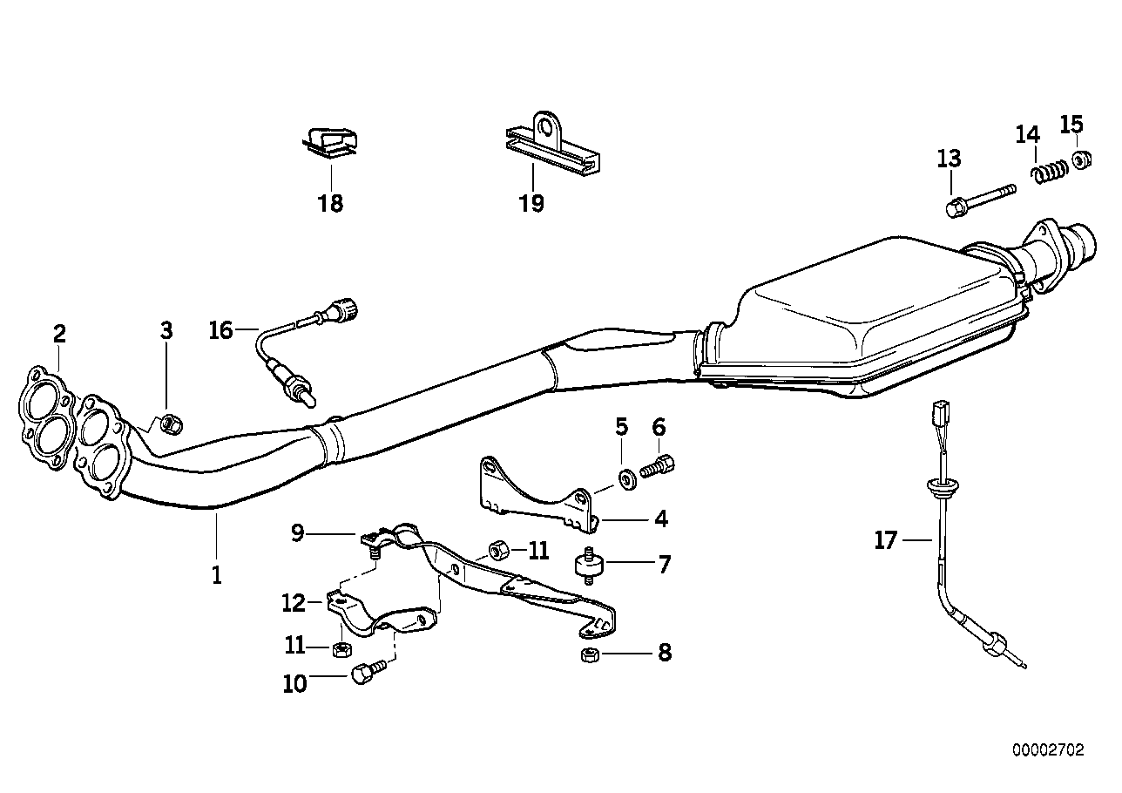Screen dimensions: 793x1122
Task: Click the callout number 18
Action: [331, 204]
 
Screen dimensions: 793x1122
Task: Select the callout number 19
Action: [531, 204]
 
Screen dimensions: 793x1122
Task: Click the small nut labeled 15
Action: [1081, 160]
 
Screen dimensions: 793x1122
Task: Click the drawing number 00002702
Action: [1048, 749]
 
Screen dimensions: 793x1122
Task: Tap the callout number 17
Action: [885, 541]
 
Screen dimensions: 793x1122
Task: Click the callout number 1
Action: [216, 574]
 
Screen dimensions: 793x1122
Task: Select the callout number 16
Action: [221, 330]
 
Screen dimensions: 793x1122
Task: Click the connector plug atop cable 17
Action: [940, 410]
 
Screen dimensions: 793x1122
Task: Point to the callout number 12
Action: [294, 602]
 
